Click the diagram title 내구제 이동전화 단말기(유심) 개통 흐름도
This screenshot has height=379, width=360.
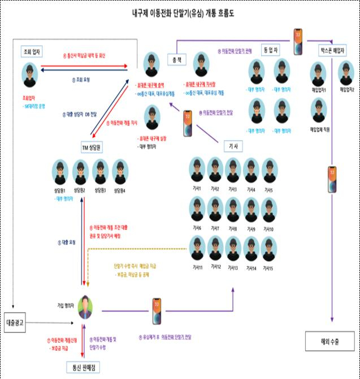pyautogui.click(x=180, y=12)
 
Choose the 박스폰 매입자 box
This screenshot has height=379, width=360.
pyautogui.click(x=331, y=49)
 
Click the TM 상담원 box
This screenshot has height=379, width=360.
pyautogui.click(x=90, y=147)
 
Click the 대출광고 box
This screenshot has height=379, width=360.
pyautogui.click(x=18, y=321)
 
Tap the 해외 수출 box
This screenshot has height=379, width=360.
pyautogui.click(x=331, y=341)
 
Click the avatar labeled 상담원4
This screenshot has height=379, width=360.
pyautogui.click(x=120, y=172)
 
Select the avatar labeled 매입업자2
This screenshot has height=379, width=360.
pyautogui.click(x=346, y=72)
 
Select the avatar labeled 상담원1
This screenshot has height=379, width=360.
pyautogui.click(x=60, y=172)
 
